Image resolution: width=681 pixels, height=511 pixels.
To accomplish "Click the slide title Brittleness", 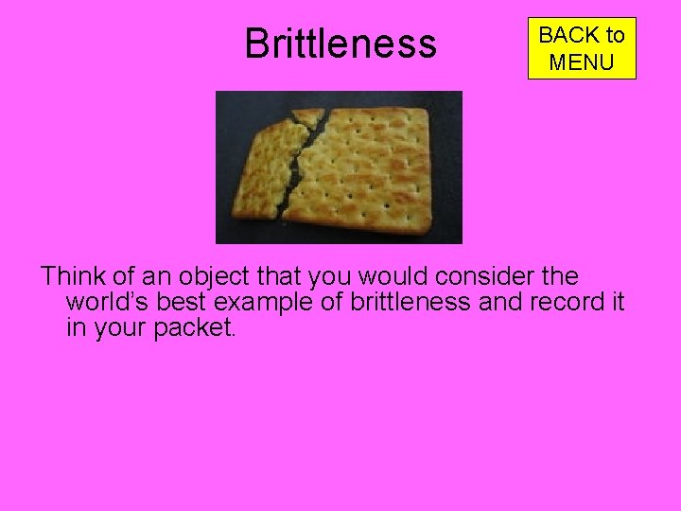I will coord(340,44).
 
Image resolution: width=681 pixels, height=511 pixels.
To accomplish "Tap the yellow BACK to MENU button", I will coord(582,48).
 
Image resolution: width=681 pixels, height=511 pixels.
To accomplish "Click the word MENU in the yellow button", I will coord(582,63).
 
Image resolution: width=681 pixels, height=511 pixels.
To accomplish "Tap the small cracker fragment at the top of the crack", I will coord(308,116).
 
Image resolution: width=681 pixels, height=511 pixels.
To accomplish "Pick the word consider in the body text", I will coord(491,277).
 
